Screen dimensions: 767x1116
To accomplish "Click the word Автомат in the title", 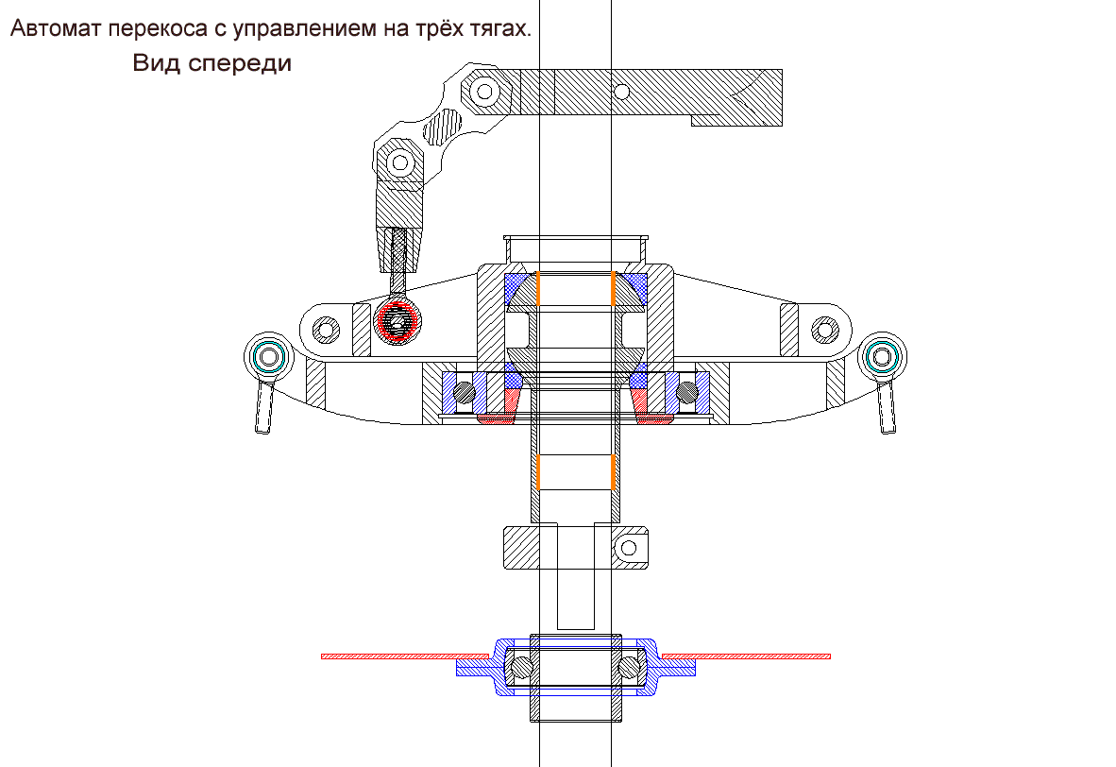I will point(56,29).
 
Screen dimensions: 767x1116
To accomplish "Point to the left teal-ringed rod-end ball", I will point(267,357).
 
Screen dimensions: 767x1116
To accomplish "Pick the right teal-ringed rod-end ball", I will point(884,356).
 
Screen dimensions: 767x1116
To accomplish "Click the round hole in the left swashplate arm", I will point(326,330).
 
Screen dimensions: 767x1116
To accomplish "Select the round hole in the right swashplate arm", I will point(824,330).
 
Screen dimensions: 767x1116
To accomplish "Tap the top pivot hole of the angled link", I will point(485,92).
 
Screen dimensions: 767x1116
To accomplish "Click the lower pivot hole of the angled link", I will point(398,162).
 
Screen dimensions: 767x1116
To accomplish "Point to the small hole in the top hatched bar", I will point(622,91).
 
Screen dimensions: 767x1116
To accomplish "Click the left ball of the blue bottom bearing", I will point(517,667).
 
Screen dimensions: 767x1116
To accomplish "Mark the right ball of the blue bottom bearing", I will point(630,667).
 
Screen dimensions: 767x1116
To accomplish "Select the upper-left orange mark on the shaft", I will point(537,289).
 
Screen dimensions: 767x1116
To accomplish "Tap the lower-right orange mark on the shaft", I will point(615,472).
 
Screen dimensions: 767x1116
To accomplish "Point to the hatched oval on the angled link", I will point(443,124).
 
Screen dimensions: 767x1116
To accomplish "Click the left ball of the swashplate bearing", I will point(465,391).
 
